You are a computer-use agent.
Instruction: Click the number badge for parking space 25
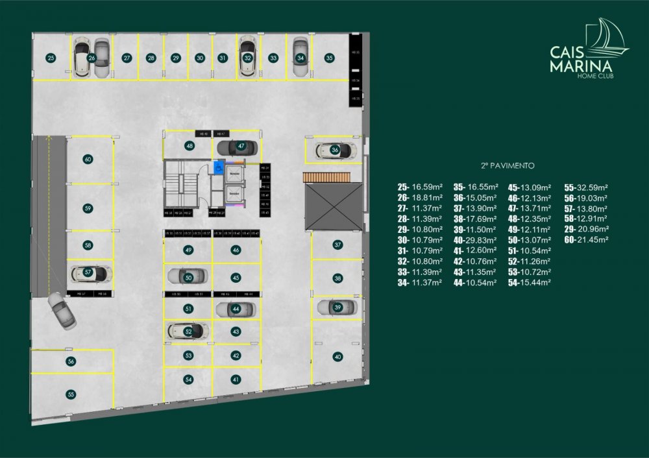[x=51, y=58]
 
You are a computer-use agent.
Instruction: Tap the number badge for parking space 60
[x=88, y=159]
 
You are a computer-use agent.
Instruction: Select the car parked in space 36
[x=335, y=151]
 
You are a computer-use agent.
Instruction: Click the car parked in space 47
[x=236, y=146]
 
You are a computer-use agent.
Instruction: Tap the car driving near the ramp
[x=62, y=311]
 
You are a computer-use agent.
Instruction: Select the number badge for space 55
[x=71, y=393]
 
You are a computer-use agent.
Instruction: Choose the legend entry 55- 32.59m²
[x=586, y=187]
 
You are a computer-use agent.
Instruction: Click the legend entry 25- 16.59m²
[x=421, y=187]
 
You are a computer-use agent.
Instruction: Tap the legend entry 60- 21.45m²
[x=586, y=239]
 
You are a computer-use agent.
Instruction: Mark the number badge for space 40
[x=337, y=356]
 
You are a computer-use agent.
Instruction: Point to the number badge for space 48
[x=190, y=146]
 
